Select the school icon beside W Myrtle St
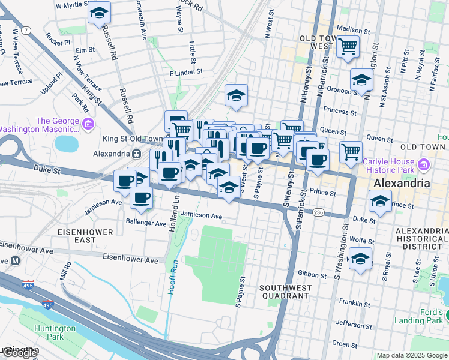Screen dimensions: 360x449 click(x=99, y=13)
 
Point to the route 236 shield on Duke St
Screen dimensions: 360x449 click(x=318, y=212)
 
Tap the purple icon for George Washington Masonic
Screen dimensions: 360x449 click(x=88, y=125)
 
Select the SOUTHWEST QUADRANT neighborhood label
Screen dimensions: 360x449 click(x=286, y=292)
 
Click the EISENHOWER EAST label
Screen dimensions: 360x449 click(x=76, y=235)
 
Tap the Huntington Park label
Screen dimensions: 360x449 click(x=55, y=333)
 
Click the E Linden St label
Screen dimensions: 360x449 click(x=186, y=72)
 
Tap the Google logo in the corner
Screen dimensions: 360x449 click(x=20, y=353)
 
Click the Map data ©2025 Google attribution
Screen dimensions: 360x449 click(x=412, y=356)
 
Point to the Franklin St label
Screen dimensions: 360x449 click(x=352, y=302)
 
